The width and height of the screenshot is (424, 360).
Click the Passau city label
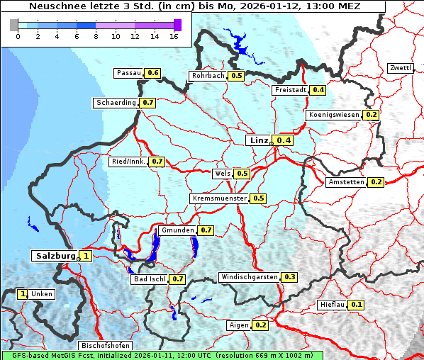coord(129,73)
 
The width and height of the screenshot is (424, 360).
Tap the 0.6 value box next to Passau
coord(152,73)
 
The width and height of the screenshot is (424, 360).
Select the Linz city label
coord(259,140)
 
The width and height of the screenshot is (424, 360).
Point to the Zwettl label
coord(400,68)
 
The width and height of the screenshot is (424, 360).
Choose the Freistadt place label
coord(290,90)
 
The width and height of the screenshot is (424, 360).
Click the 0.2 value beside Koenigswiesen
coord(372,115)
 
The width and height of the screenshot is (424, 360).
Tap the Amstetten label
coord(346,182)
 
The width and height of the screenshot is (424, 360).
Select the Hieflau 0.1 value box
coord(357,305)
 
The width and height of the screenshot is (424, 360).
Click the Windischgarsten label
coord(249,276)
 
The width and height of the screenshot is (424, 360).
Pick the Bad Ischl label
coord(150,279)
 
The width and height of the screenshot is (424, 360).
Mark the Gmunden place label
coord(177,230)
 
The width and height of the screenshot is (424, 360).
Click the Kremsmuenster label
coord(219,198)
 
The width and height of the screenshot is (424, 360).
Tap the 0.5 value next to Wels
coord(242,173)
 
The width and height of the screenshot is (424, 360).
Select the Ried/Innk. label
coord(128,162)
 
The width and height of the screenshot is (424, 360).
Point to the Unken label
coord(41,293)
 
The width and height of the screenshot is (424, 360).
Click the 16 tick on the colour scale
coord(174,36)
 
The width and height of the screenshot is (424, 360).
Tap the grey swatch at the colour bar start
coord(14,25)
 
